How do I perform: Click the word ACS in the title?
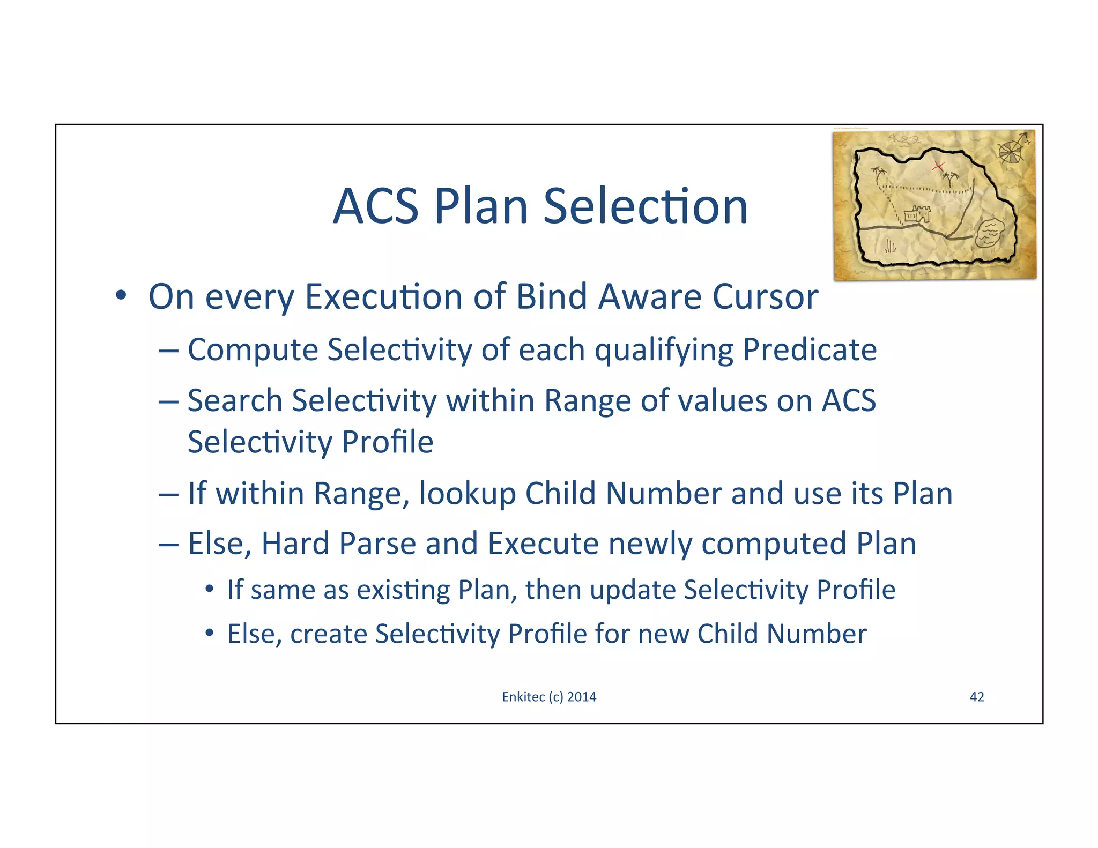tap(375, 207)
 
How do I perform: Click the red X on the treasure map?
tap(937, 166)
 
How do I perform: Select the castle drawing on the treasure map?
tap(917, 214)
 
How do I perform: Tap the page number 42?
tap(977, 697)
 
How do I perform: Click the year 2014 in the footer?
tap(582, 697)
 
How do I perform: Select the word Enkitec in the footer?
tap(523, 697)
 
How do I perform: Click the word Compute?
tap(253, 349)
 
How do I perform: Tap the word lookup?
tap(467, 493)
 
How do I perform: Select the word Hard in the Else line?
tap(295, 544)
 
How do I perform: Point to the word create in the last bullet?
tap(328, 634)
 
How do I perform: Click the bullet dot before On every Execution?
tap(121, 295)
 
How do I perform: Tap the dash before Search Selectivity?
tap(168, 401)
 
